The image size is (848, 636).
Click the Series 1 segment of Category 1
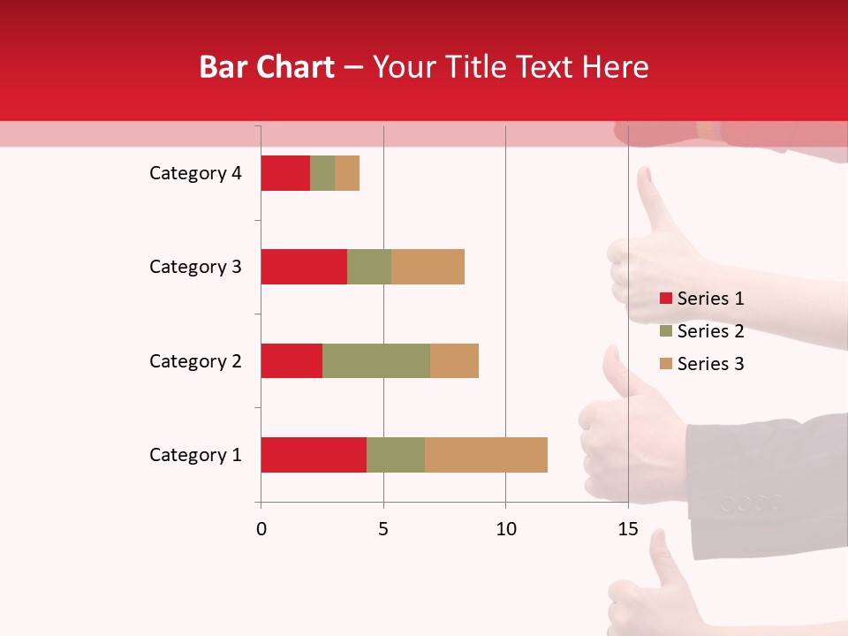pos(314,455)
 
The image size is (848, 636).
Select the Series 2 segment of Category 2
pos(376,360)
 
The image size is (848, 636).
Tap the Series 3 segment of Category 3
pos(428,267)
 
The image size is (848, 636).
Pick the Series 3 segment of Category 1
pos(486,455)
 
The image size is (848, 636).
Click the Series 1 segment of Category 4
pos(285,173)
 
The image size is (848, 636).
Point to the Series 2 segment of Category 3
pos(369,267)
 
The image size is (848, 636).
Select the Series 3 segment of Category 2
pos(454,360)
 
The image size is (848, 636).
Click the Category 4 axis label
pos(195,173)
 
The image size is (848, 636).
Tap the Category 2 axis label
pos(195,360)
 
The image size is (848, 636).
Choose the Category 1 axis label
pos(195,455)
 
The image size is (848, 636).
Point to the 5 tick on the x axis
pos(383,529)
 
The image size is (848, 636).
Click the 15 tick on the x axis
pos(628,529)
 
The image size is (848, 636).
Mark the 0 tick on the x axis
pos(261,529)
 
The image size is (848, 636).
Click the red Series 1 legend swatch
pos(665,299)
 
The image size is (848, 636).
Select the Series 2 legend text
pos(710,331)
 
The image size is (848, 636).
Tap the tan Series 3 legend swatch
pos(665,364)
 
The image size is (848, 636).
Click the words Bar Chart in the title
pos(267,67)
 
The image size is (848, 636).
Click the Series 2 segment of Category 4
pos(322,173)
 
